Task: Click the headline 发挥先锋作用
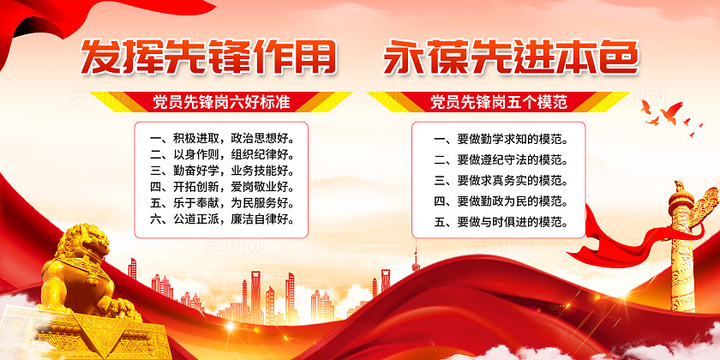click(x=208, y=57)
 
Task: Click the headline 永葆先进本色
click(x=511, y=57)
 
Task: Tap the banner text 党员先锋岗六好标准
click(x=222, y=102)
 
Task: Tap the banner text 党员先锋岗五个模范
click(x=499, y=102)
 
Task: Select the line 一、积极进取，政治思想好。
click(x=222, y=138)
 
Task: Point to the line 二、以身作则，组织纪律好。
click(x=222, y=154)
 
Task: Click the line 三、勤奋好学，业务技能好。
click(x=222, y=171)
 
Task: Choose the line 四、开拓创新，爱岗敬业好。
click(x=222, y=187)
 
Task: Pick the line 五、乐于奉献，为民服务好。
click(x=222, y=203)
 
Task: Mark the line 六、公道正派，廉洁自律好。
click(x=222, y=219)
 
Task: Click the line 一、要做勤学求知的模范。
click(x=500, y=139)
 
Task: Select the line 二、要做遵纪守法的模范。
click(x=500, y=159)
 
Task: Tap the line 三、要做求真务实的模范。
click(x=500, y=181)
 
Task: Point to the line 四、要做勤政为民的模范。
click(x=500, y=201)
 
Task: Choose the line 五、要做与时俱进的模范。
click(x=500, y=222)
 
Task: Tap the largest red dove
click(x=671, y=112)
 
